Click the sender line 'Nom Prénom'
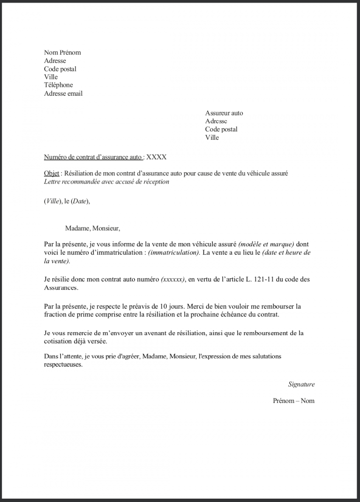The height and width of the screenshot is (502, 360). pyautogui.click(x=62, y=53)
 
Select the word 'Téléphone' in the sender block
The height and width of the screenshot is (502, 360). pyautogui.click(x=59, y=85)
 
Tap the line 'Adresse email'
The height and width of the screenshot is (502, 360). pyautogui.click(x=63, y=93)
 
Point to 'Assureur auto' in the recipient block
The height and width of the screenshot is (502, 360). pyautogui.click(x=224, y=113)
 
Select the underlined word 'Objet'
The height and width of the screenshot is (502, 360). pyautogui.click(x=52, y=173)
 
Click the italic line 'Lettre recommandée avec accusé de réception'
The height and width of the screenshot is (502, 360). pyautogui.click(x=106, y=182)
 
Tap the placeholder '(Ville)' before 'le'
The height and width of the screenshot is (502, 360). pyautogui.click(x=53, y=201)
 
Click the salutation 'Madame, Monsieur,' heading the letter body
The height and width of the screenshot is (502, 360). pyautogui.click(x=93, y=228)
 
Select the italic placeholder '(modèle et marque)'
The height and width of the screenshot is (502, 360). pyautogui.click(x=266, y=244)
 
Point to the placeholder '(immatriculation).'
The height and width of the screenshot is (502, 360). pyautogui.click(x=174, y=252)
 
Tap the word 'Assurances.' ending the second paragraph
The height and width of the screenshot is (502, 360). pyautogui.click(x=61, y=288)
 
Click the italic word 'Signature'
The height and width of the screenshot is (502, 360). pyautogui.click(x=301, y=384)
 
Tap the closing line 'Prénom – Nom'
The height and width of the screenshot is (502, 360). pyautogui.click(x=294, y=401)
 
